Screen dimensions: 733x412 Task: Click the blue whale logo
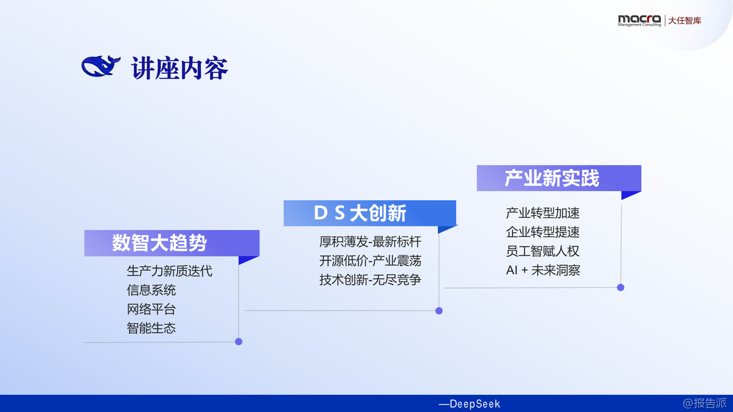tap(101, 66)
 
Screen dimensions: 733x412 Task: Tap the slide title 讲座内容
tap(180, 68)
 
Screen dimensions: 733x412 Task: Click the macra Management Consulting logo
tap(640, 20)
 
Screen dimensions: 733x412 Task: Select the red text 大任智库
tap(685, 21)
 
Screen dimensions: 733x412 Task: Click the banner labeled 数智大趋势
tap(172, 243)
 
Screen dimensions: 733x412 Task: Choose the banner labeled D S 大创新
tap(370, 213)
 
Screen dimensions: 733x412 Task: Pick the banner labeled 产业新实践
tap(559, 178)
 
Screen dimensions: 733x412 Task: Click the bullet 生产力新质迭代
tap(170, 271)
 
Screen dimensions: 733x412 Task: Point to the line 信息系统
tap(151, 290)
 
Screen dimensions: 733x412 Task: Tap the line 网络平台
tap(151, 309)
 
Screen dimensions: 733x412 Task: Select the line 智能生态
tap(151, 328)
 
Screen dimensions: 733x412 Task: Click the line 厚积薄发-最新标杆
tap(370, 242)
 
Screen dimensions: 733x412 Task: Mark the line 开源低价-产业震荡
tap(370, 261)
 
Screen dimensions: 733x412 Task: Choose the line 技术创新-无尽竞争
tap(370, 280)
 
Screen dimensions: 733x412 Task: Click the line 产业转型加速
tap(542, 213)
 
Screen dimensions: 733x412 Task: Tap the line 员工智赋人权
tap(542, 251)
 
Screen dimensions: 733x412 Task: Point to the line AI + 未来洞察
tap(543, 270)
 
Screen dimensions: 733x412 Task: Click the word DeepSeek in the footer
tap(475, 404)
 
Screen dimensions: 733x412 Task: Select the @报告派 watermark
tap(704, 403)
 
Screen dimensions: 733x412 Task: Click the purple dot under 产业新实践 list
tap(621, 287)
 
